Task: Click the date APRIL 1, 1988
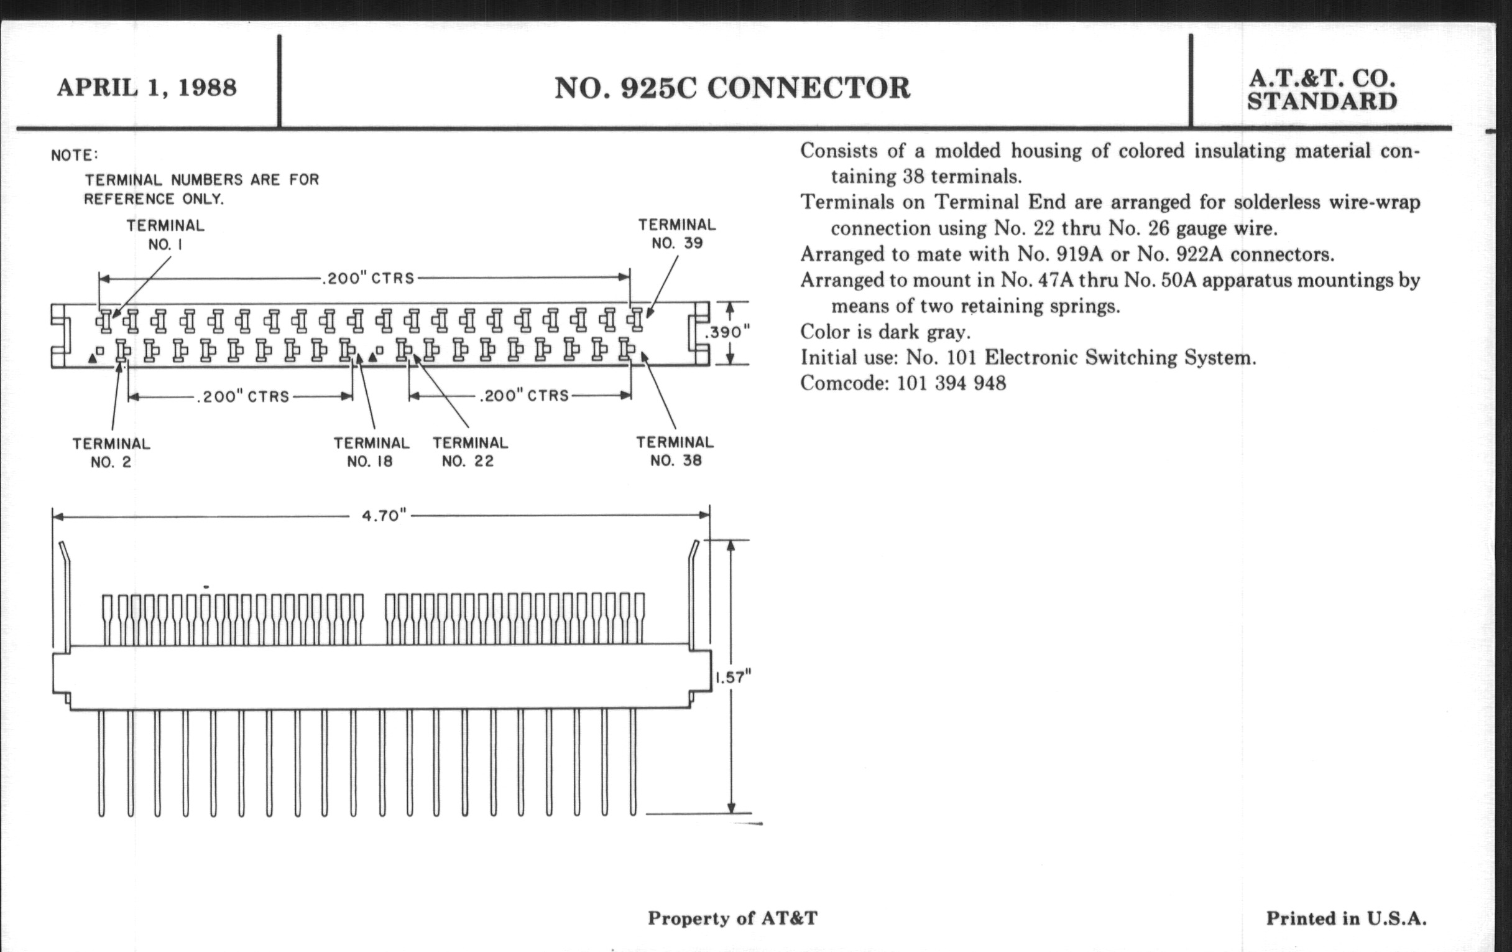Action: click(x=147, y=88)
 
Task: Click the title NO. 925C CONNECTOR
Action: click(x=732, y=88)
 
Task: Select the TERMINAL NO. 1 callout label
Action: click(x=165, y=235)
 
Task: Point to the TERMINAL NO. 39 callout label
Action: click(x=677, y=234)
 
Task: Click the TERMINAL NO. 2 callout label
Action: click(x=111, y=452)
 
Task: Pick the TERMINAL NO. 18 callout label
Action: click(x=371, y=452)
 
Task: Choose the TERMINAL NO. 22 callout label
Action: click(x=469, y=452)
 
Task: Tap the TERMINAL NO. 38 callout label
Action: click(x=675, y=451)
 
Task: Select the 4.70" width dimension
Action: click(x=384, y=516)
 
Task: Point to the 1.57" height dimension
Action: click(x=733, y=677)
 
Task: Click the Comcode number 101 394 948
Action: click(x=951, y=383)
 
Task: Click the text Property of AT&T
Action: click(x=732, y=918)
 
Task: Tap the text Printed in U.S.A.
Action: click(x=1346, y=918)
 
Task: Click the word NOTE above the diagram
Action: click(x=74, y=155)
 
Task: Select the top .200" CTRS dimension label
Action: click(x=368, y=278)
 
